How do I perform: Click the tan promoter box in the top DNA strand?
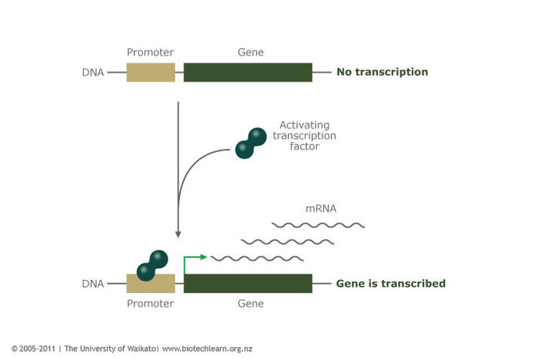[150, 72]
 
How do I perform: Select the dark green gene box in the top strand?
[247, 72]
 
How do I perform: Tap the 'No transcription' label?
[382, 72]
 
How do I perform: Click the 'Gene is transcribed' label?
[390, 284]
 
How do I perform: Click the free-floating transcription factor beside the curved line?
[250, 143]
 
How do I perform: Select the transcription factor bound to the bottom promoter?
[152, 264]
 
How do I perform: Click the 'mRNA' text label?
[321, 209]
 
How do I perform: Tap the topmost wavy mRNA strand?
[318, 225]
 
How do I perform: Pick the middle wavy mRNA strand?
[287, 242]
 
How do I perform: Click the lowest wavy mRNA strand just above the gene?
[256, 259]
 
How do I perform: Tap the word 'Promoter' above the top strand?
[150, 53]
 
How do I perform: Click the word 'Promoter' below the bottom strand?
[150, 303]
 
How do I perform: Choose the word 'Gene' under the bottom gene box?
[250, 303]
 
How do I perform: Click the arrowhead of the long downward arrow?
[177, 233]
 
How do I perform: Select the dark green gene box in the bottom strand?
[247, 284]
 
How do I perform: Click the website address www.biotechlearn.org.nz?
[207, 349]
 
